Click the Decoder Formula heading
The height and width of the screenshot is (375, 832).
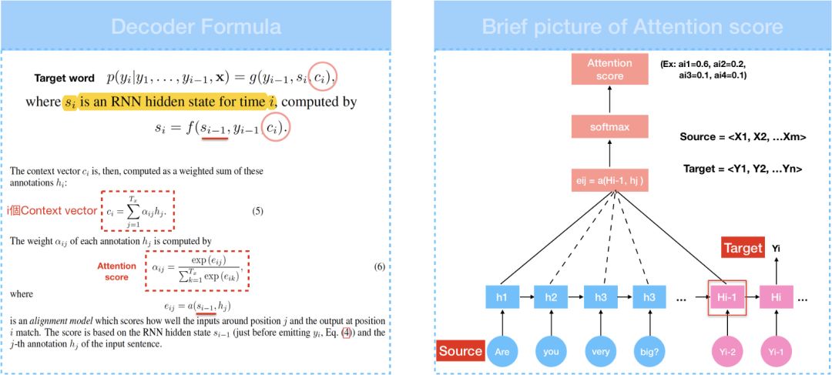point(196,27)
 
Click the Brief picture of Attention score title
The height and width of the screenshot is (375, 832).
point(632,27)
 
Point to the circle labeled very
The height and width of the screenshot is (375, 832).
point(601,352)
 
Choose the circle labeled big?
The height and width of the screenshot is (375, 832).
point(649,352)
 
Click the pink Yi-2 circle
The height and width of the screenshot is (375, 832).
point(726,352)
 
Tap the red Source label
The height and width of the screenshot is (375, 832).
point(460,351)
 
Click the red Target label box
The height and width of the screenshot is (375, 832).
point(743,248)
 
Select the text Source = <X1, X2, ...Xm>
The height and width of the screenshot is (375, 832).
point(743,136)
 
